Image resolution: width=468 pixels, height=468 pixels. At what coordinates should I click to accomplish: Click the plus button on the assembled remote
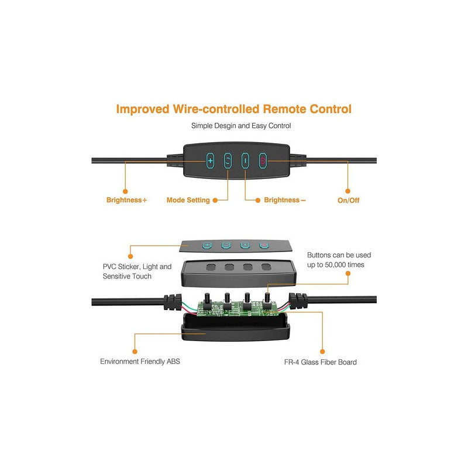click(210, 160)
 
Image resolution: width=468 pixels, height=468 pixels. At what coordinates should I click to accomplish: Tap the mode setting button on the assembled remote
click(228, 160)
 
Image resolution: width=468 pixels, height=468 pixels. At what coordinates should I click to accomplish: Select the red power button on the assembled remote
click(263, 160)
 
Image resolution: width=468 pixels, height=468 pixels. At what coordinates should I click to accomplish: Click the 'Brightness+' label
click(126, 200)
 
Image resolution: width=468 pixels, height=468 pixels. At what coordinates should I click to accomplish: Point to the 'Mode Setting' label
click(188, 200)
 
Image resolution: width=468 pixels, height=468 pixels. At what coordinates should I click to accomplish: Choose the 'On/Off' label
click(348, 200)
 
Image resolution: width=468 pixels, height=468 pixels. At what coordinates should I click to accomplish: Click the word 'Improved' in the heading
click(143, 109)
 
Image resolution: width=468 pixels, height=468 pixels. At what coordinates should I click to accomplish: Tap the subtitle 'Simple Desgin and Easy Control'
click(241, 126)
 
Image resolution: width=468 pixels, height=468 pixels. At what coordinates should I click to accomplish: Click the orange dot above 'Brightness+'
click(125, 191)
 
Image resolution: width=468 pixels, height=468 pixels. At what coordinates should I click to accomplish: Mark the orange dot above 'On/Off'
click(347, 191)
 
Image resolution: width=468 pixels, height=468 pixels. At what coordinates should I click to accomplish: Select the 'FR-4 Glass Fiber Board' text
click(320, 362)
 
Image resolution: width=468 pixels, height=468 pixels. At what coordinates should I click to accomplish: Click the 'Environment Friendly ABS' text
click(140, 362)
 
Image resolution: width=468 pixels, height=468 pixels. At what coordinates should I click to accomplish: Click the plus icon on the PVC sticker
click(207, 245)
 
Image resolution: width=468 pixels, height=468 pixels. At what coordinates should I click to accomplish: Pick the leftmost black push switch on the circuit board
click(207, 301)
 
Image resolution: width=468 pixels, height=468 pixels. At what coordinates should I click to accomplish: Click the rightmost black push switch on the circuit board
click(267, 301)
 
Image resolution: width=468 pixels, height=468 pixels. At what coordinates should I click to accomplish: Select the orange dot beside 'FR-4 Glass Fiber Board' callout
click(322, 352)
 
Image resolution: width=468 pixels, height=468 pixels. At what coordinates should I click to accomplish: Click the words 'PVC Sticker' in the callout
click(121, 267)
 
